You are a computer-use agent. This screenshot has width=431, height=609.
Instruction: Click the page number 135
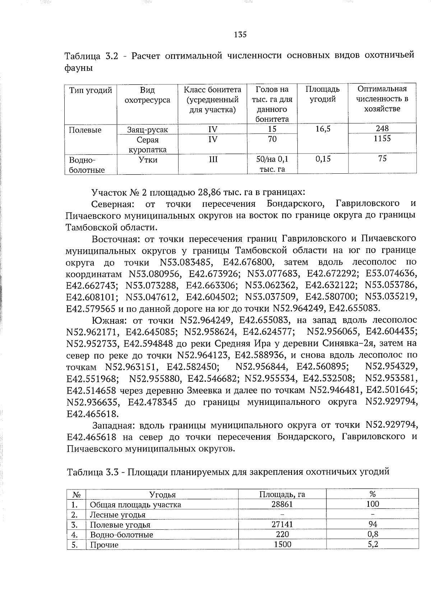click(x=240, y=35)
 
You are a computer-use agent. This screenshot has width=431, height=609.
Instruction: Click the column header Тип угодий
click(x=91, y=90)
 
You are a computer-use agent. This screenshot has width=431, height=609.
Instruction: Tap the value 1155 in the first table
click(x=382, y=139)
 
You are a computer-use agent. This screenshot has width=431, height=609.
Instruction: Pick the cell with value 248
click(x=382, y=128)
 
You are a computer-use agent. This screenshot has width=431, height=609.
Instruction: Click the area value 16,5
click(x=323, y=129)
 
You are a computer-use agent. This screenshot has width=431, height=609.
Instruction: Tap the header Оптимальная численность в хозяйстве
click(x=382, y=99)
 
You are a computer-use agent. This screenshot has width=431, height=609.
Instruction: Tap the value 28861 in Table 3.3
click(x=282, y=504)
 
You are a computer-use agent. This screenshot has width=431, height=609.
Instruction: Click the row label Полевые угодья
click(x=120, y=524)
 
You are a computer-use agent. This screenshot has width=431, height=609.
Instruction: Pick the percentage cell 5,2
click(x=372, y=544)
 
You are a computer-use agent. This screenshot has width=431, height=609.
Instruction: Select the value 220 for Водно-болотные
click(x=282, y=534)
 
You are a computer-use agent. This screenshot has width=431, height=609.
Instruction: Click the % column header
click(x=372, y=494)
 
